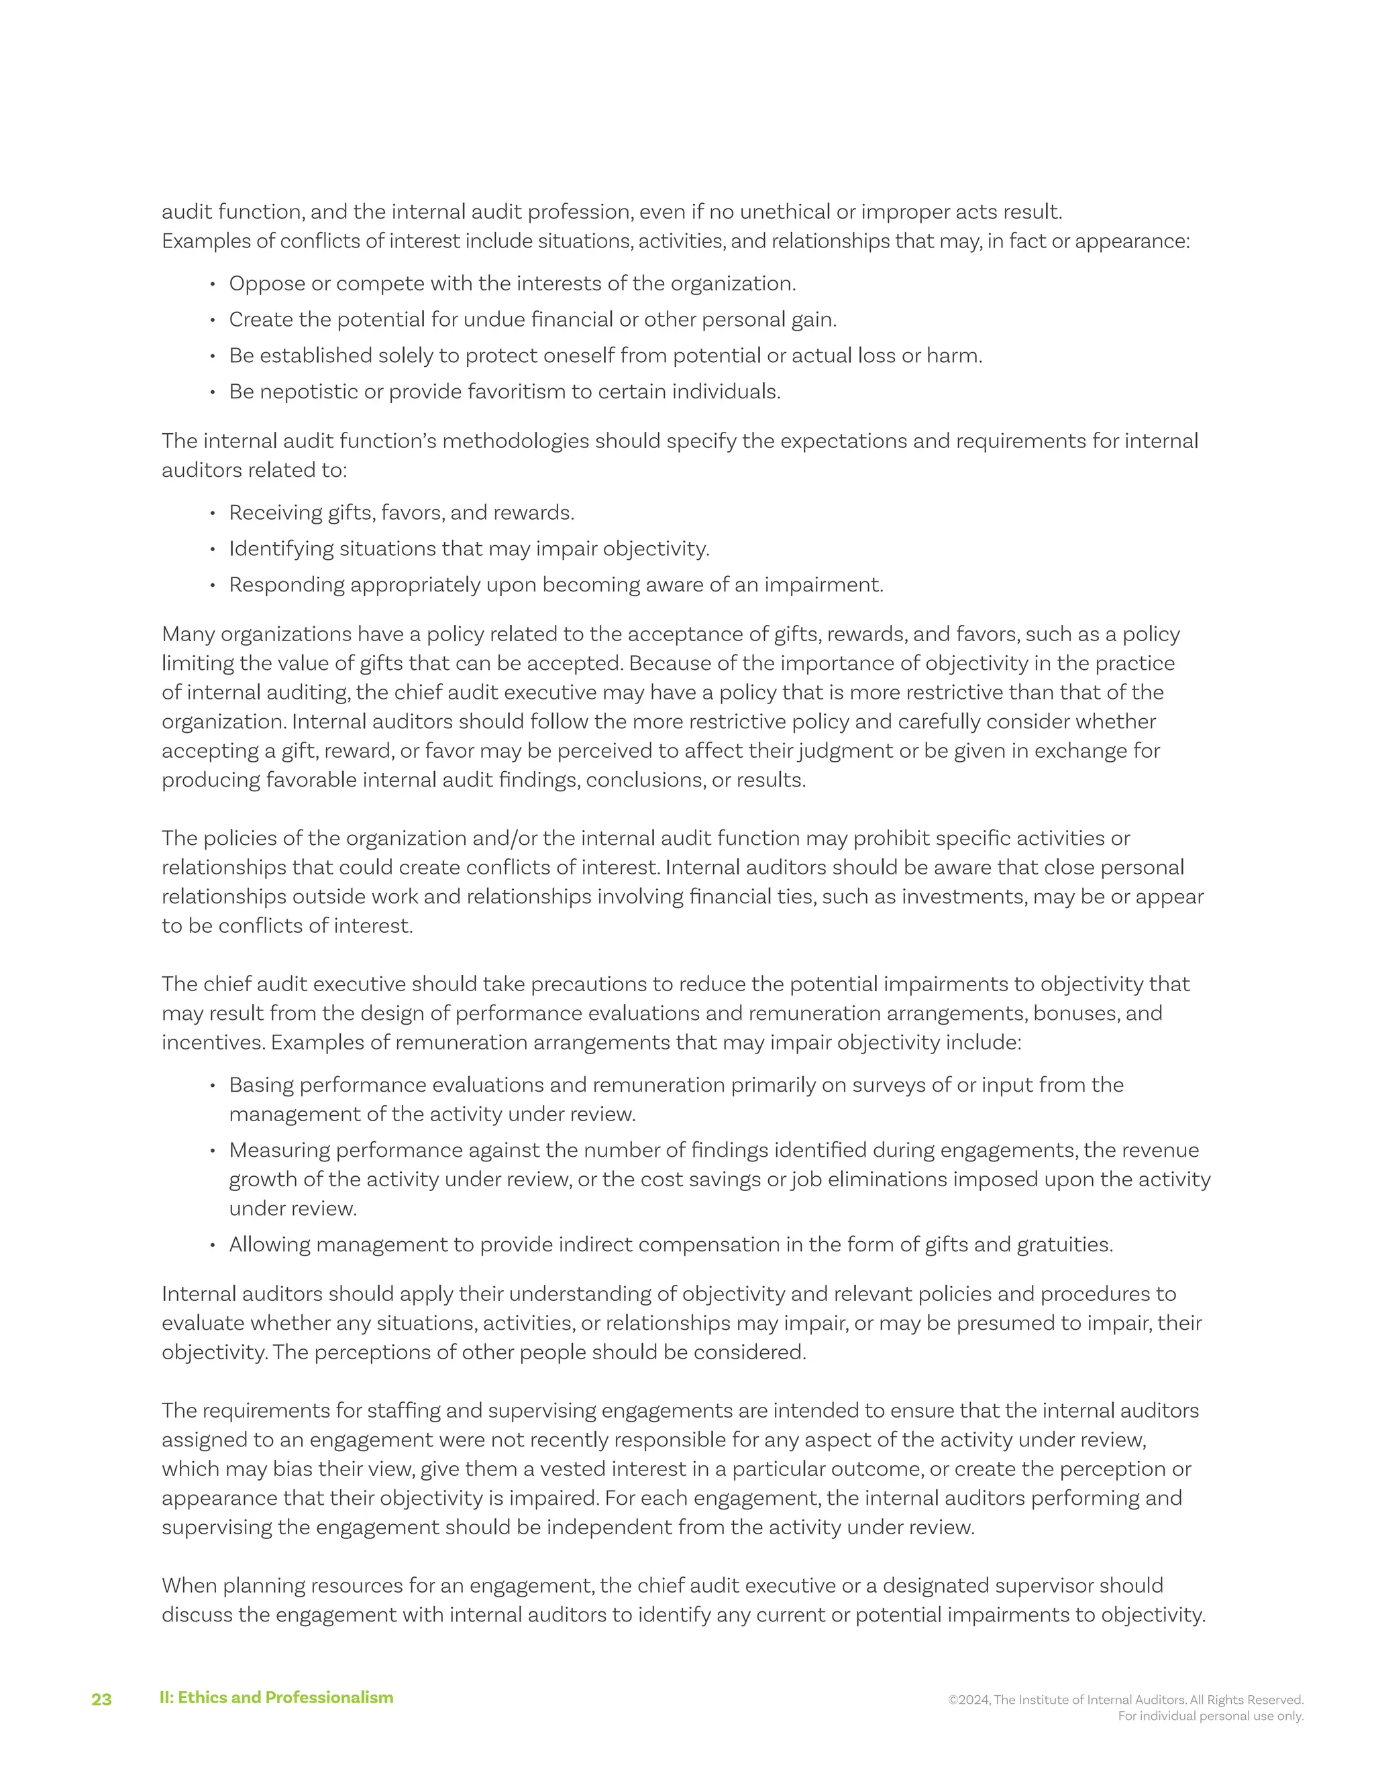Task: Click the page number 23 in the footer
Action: point(101,1699)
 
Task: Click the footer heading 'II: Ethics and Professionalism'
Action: point(276,1697)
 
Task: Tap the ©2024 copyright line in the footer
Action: point(1126,1700)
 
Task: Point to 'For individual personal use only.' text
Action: point(1210,1716)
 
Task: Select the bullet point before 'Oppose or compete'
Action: point(213,284)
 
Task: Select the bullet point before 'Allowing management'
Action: point(213,1245)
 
